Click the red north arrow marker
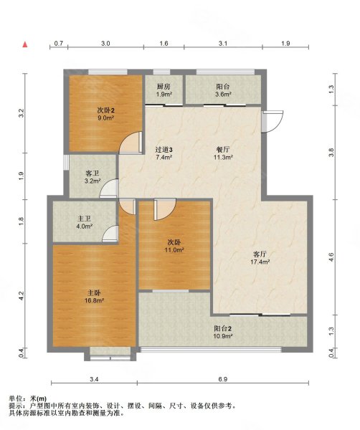tap(25, 44)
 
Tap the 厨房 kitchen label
tap(164, 87)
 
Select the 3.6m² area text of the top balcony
tap(223, 95)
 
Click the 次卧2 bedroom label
tap(105, 110)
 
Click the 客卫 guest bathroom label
tap(93, 173)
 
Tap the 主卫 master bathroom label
tap(85, 219)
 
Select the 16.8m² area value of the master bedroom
tap(94, 300)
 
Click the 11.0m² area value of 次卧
tap(174, 250)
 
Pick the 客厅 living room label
tap(260, 254)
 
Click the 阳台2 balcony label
tap(223, 328)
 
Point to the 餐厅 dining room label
tap(223, 150)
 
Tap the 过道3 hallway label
tap(164, 150)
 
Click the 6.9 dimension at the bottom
tap(223, 379)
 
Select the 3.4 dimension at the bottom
tap(94, 379)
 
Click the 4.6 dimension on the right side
tap(331, 257)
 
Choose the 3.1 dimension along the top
tap(223, 43)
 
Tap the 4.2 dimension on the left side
tap(22, 295)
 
